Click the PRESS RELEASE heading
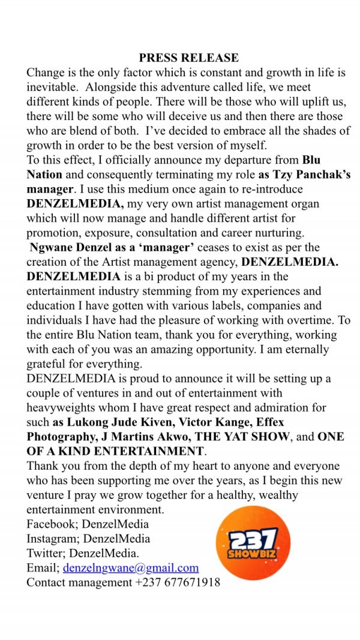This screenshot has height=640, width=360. tap(188, 58)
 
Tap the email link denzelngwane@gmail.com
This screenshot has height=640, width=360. tap(131, 567)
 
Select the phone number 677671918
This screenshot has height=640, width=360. tap(190, 582)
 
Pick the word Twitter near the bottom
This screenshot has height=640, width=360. tap(46, 553)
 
